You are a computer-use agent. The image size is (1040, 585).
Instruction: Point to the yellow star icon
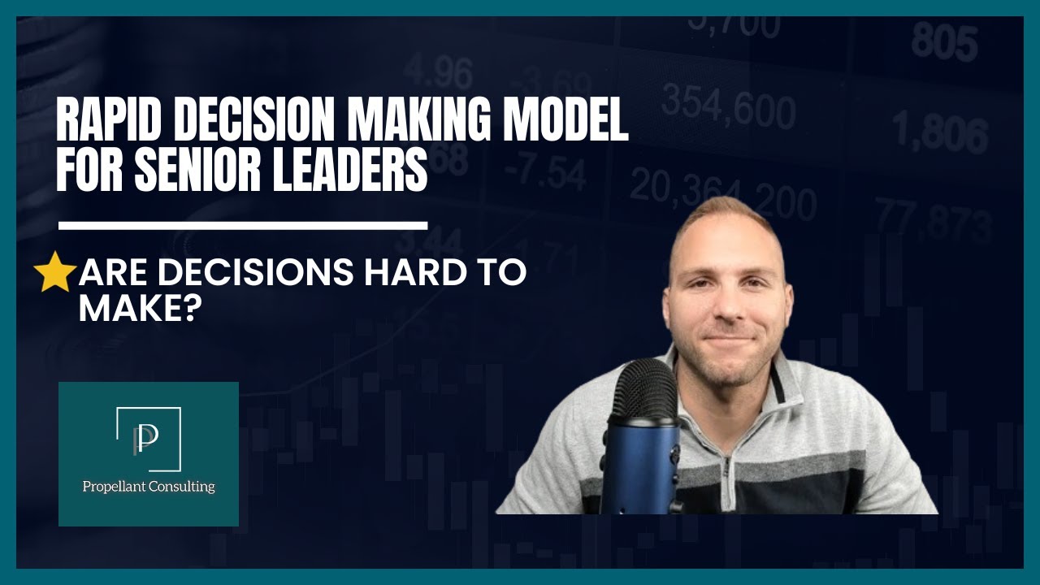coord(55,271)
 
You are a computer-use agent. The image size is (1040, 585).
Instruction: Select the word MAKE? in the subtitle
coord(139,309)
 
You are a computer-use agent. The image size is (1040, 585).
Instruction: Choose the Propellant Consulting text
coord(149,487)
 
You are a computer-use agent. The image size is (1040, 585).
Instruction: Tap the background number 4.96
coord(437,72)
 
